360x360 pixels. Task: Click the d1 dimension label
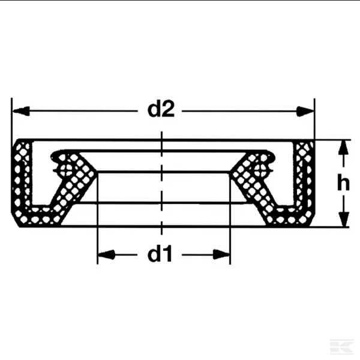click(161, 255)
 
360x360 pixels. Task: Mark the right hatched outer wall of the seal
click(305, 180)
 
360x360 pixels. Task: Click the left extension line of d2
click(12, 120)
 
